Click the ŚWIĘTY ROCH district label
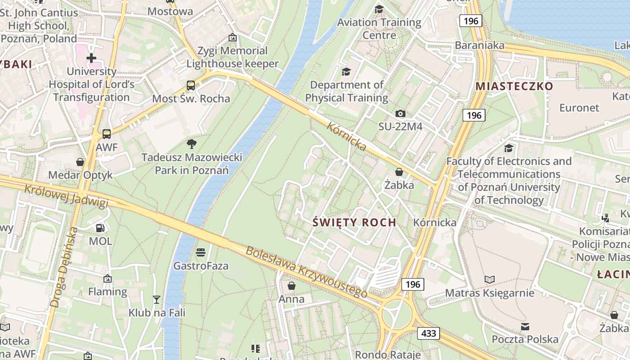[x=354, y=222]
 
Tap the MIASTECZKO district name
[x=514, y=86]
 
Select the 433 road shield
[x=428, y=333]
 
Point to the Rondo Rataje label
[x=388, y=355]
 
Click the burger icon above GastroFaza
[x=201, y=252]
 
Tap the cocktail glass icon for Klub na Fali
[x=156, y=299]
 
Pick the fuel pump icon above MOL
[x=100, y=228]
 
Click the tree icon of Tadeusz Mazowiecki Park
[x=192, y=144]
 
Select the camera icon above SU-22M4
[x=400, y=113]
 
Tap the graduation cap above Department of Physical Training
[x=346, y=72]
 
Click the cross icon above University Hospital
[x=91, y=58]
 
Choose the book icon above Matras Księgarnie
[x=490, y=280]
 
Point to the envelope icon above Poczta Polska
[x=525, y=326]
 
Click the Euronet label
[x=579, y=108]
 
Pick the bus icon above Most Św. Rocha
[x=191, y=85]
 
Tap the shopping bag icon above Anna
[x=292, y=286]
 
